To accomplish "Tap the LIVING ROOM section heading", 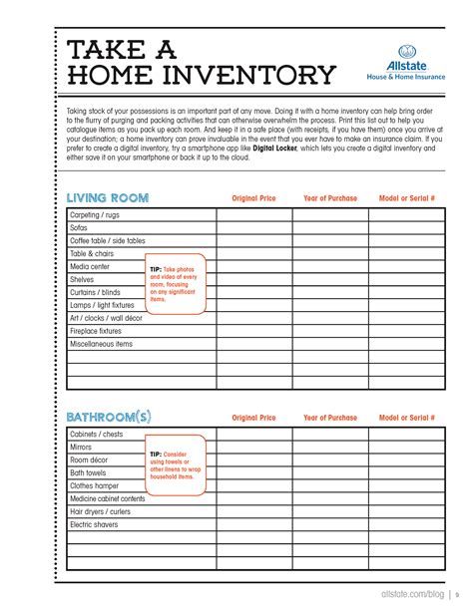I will [107, 198].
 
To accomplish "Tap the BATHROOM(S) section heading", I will [108, 417].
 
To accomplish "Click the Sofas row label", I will [80, 227].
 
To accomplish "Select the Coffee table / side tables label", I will [107, 240].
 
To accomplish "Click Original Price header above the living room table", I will [253, 198].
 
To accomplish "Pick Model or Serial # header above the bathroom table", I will [406, 418].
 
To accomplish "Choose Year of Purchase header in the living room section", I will [329, 198].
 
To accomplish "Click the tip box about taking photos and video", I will [176, 283].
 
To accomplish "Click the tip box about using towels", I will [176, 465].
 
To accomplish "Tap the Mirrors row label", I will [81, 448].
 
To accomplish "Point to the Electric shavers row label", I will [95, 524].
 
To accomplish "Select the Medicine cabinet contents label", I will [107, 498].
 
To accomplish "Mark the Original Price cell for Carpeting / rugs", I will [253, 214].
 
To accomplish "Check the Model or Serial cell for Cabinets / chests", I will [406, 435].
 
